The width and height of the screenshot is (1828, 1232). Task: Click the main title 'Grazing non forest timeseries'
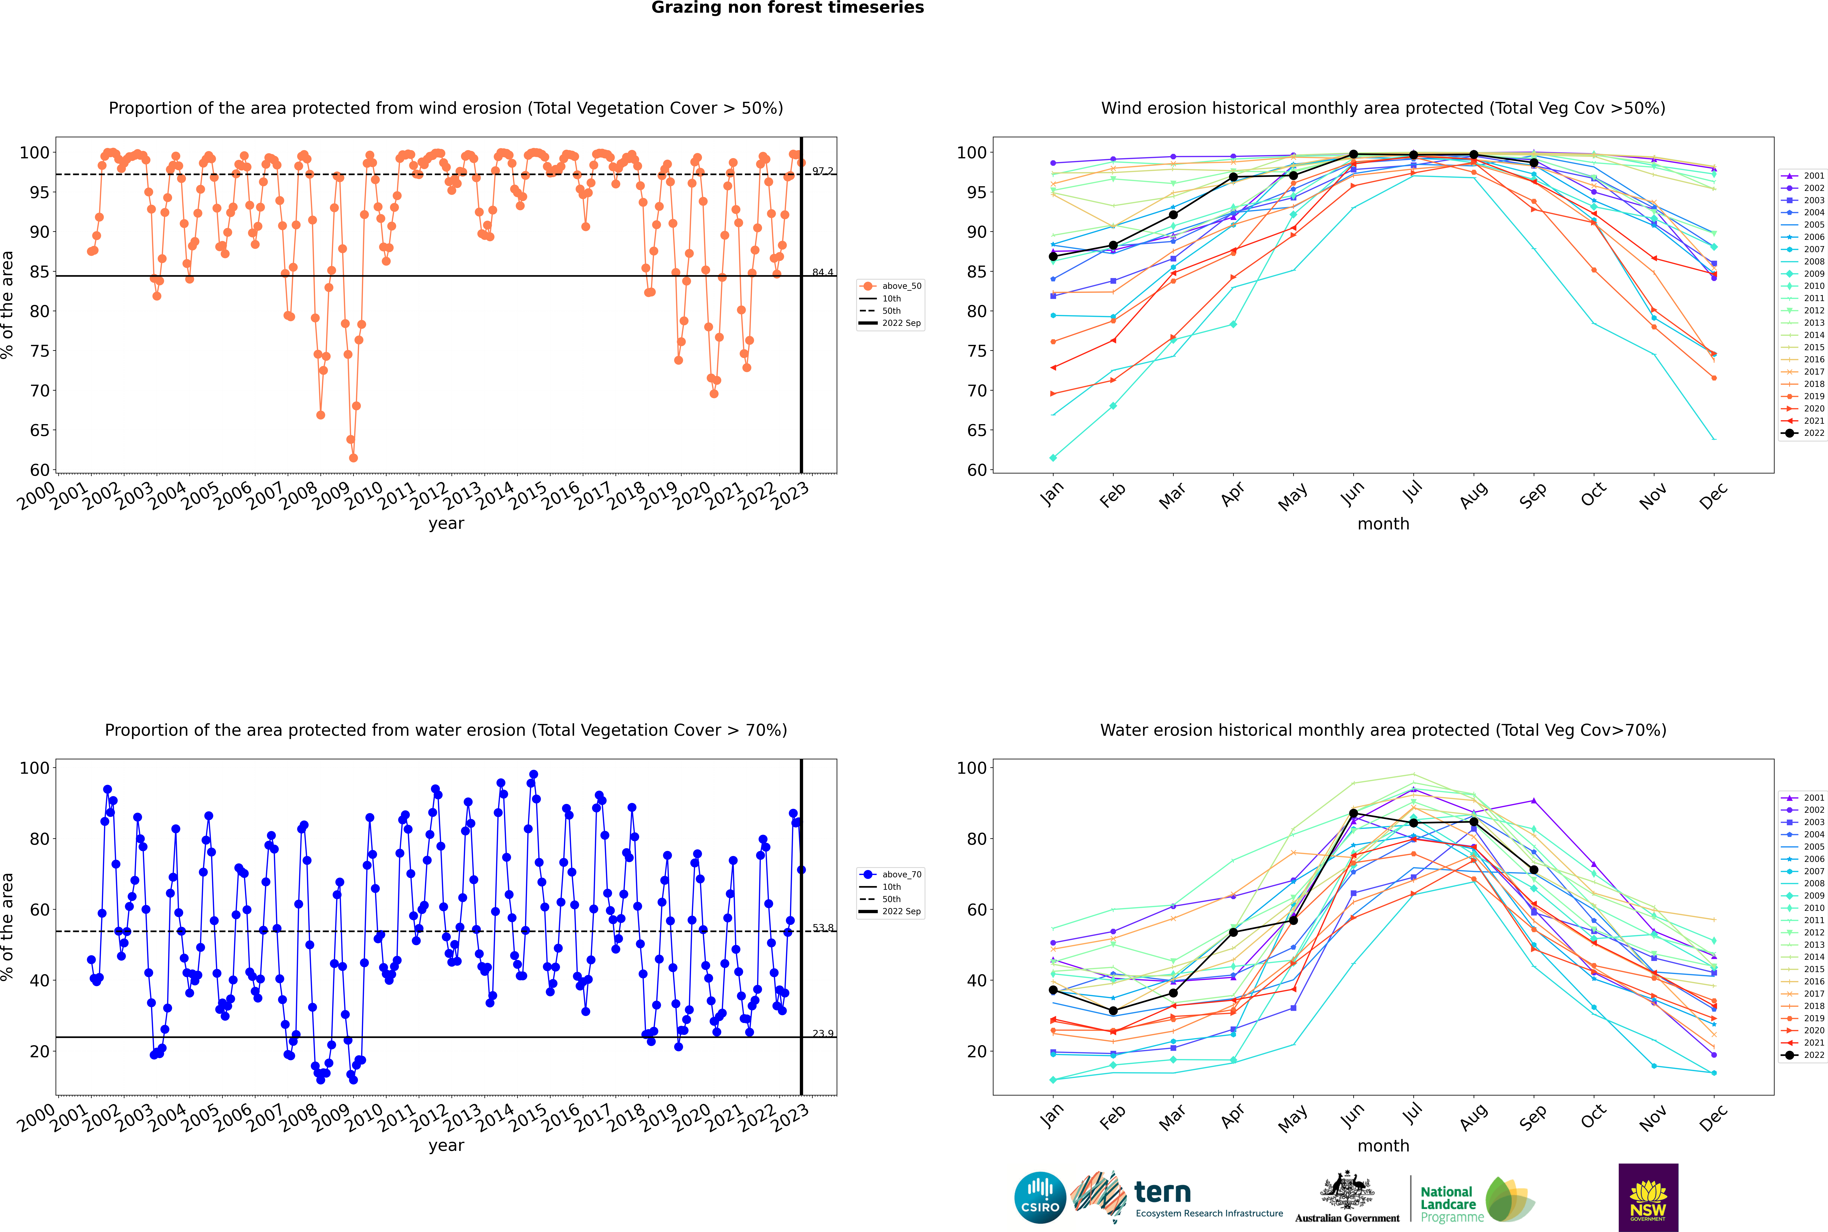click(x=788, y=8)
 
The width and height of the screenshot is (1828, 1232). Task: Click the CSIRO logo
click(x=1040, y=1197)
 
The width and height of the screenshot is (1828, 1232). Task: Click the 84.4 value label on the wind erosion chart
click(x=823, y=272)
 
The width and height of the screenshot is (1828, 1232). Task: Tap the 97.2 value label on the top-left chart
click(x=823, y=170)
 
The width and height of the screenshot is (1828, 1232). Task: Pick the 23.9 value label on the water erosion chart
click(x=823, y=1033)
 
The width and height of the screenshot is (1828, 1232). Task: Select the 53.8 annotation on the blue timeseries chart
click(x=823, y=928)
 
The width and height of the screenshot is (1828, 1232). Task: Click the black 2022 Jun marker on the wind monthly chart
click(x=1353, y=154)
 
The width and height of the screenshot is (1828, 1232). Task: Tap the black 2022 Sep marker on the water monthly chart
click(x=1533, y=870)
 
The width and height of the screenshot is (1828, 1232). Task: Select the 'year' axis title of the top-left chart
click(x=446, y=523)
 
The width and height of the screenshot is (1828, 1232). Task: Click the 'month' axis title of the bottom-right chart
click(x=1383, y=1146)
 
